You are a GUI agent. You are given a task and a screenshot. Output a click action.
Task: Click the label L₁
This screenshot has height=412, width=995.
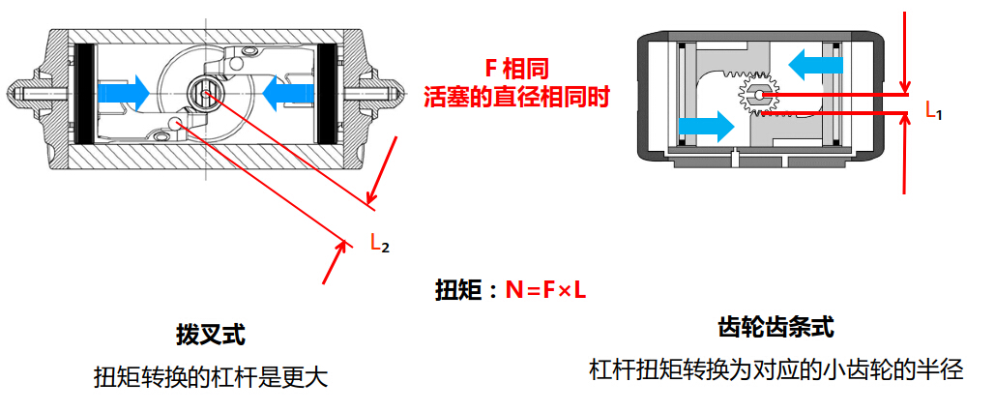[x=933, y=110]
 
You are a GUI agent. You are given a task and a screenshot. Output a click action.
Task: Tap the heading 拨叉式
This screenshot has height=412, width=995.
[x=210, y=335]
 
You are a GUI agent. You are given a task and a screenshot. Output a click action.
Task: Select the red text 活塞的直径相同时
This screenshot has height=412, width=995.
[x=517, y=97]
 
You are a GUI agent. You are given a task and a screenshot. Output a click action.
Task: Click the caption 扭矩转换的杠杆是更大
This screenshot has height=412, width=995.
[x=210, y=376]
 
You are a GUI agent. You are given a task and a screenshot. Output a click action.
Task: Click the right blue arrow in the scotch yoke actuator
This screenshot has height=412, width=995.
[x=288, y=93]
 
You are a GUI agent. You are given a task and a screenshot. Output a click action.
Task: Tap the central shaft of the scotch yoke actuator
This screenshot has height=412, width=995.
[x=204, y=92]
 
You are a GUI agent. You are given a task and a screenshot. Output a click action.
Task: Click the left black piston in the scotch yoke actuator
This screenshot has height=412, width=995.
[x=83, y=93]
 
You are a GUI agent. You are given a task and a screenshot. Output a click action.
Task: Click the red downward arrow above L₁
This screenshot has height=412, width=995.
[x=904, y=48]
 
